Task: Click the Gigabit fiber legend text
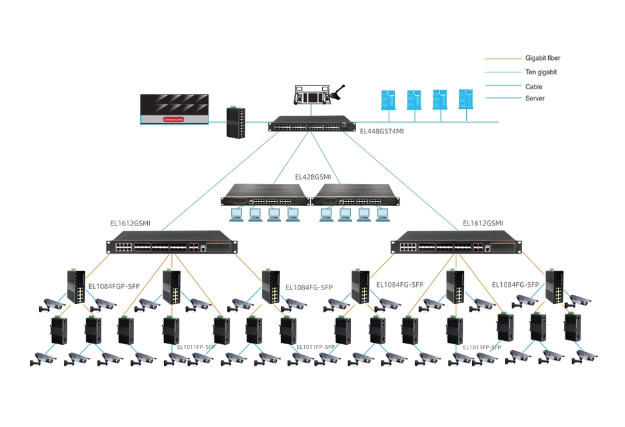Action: coord(542,58)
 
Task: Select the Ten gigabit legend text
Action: coord(540,72)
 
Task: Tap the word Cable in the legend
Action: coord(533,87)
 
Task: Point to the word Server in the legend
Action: coord(535,98)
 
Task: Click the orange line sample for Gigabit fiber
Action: coord(502,58)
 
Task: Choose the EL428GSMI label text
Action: coord(312,177)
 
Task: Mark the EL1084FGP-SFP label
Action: coord(115,286)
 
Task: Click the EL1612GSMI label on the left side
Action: coord(130,223)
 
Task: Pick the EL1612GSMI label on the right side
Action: coord(482,223)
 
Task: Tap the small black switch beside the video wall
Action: coord(236,122)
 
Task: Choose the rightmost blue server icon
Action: coord(465,98)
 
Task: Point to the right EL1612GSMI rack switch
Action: coord(456,243)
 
